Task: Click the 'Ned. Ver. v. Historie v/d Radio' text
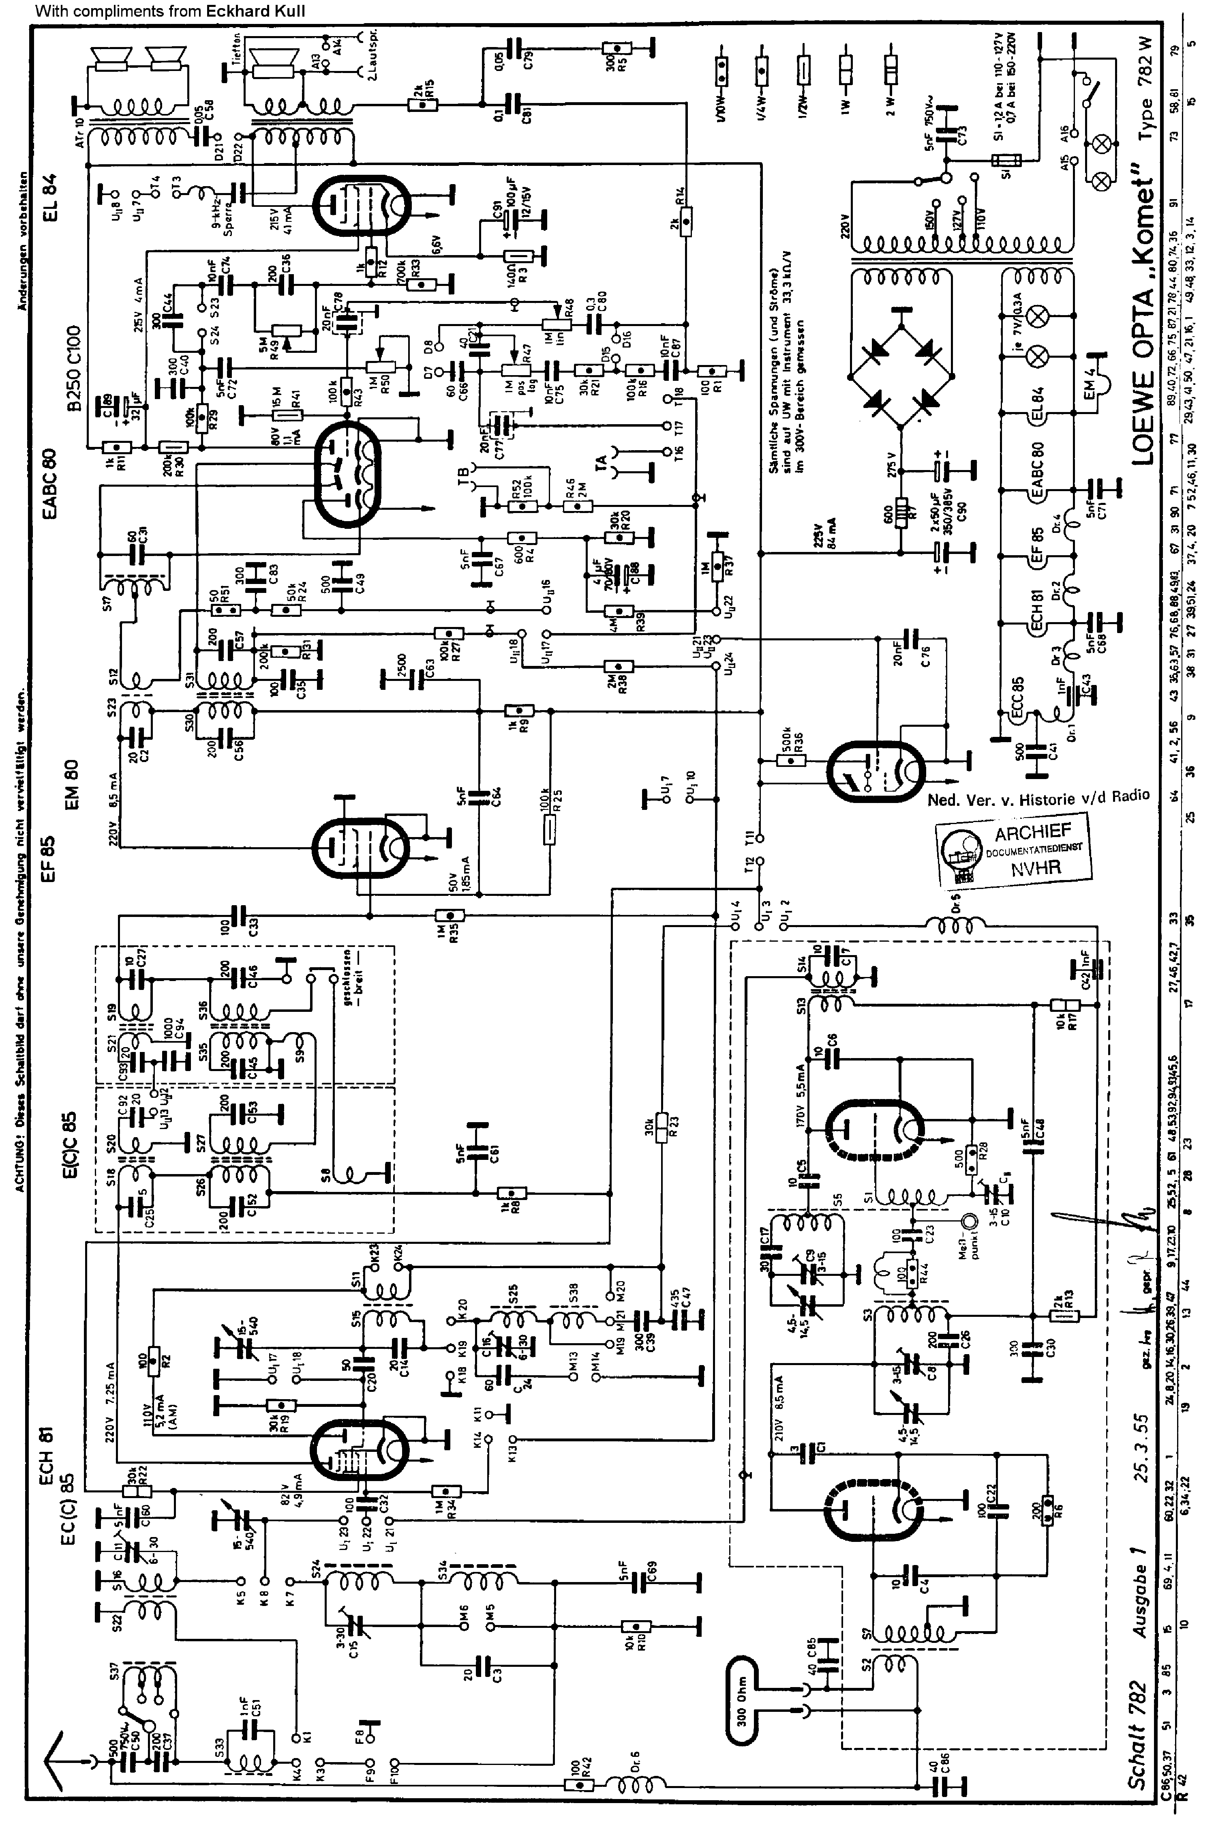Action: tap(1038, 797)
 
